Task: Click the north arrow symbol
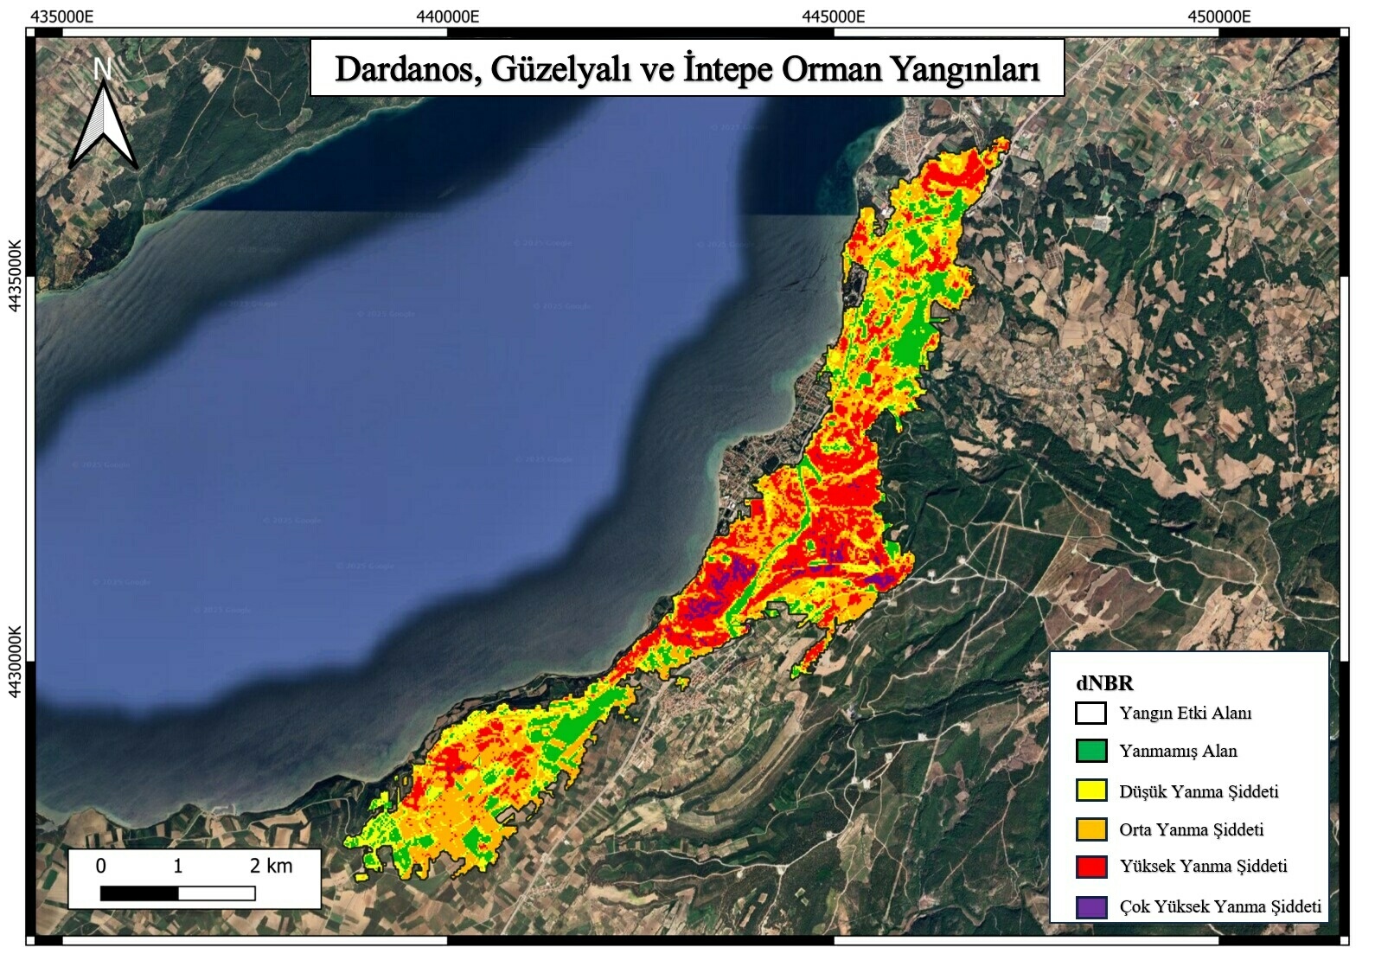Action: coord(103,125)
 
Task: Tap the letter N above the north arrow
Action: coord(103,68)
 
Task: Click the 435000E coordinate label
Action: coord(62,16)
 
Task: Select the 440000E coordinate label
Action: coord(447,16)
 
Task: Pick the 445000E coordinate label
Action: coord(833,16)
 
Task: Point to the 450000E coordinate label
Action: coord(1218,16)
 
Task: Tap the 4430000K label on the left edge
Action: coord(15,662)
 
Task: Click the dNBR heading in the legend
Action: coord(1104,682)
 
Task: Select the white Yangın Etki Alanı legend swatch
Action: coord(1090,713)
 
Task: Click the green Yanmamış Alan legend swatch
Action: coord(1090,751)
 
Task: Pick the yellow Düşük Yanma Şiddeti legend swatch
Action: coord(1090,791)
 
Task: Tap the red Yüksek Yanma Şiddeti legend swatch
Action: coord(1090,867)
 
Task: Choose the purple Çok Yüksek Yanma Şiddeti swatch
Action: coord(1090,906)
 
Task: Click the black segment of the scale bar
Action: coord(139,893)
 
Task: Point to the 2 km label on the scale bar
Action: coord(271,866)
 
